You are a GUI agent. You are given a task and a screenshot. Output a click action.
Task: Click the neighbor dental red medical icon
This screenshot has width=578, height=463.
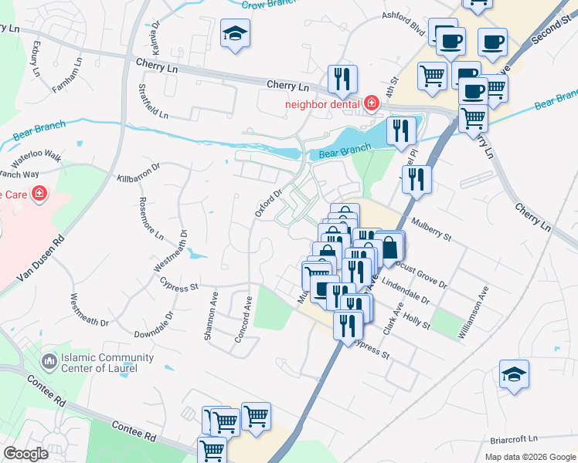tap(372, 103)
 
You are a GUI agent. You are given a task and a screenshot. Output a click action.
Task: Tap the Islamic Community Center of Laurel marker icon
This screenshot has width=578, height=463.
tap(50, 361)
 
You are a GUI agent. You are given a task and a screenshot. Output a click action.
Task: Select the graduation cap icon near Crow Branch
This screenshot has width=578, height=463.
tap(235, 34)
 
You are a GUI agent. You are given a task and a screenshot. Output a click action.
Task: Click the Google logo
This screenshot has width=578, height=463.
tap(25, 453)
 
